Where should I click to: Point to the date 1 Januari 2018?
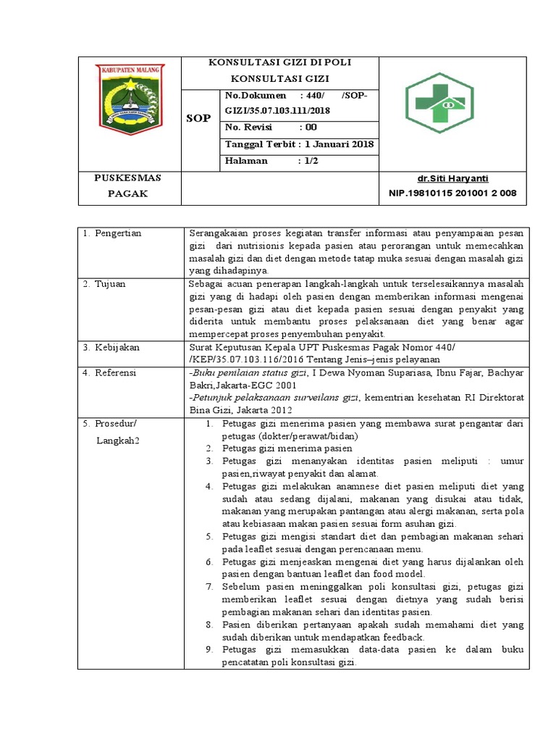(x=339, y=143)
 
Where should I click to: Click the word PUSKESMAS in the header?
(x=128, y=178)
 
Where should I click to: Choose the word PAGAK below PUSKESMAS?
(x=128, y=193)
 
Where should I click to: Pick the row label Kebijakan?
(x=117, y=348)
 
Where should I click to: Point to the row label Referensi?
(x=115, y=373)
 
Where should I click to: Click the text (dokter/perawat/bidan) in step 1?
(x=312, y=436)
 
